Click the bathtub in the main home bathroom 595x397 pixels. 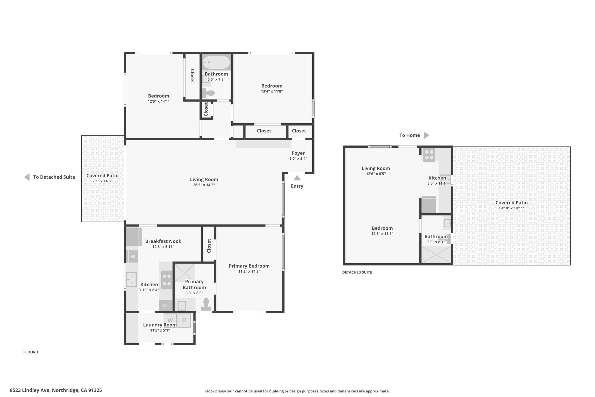(216, 62)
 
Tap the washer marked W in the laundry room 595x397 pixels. (170, 320)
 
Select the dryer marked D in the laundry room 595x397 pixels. (184, 320)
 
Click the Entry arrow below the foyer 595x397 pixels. (297, 178)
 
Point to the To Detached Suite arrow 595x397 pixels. (27, 177)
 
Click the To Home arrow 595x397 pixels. (426, 135)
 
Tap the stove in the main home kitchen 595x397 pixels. (167, 280)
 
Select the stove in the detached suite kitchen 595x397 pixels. (429, 155)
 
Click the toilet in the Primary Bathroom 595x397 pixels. (206, 304)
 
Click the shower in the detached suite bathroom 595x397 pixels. (436, 255)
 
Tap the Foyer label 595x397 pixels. (298, 153)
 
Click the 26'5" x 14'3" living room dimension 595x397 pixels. (204, 185)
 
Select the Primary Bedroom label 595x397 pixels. (249, 266)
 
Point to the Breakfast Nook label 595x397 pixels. (163, 241)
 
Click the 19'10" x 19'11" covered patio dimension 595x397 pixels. (512, 208)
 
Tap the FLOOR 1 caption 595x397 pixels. (31, 352)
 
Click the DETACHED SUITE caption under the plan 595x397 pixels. (357, 273)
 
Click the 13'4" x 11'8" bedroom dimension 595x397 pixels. (272, 91)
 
